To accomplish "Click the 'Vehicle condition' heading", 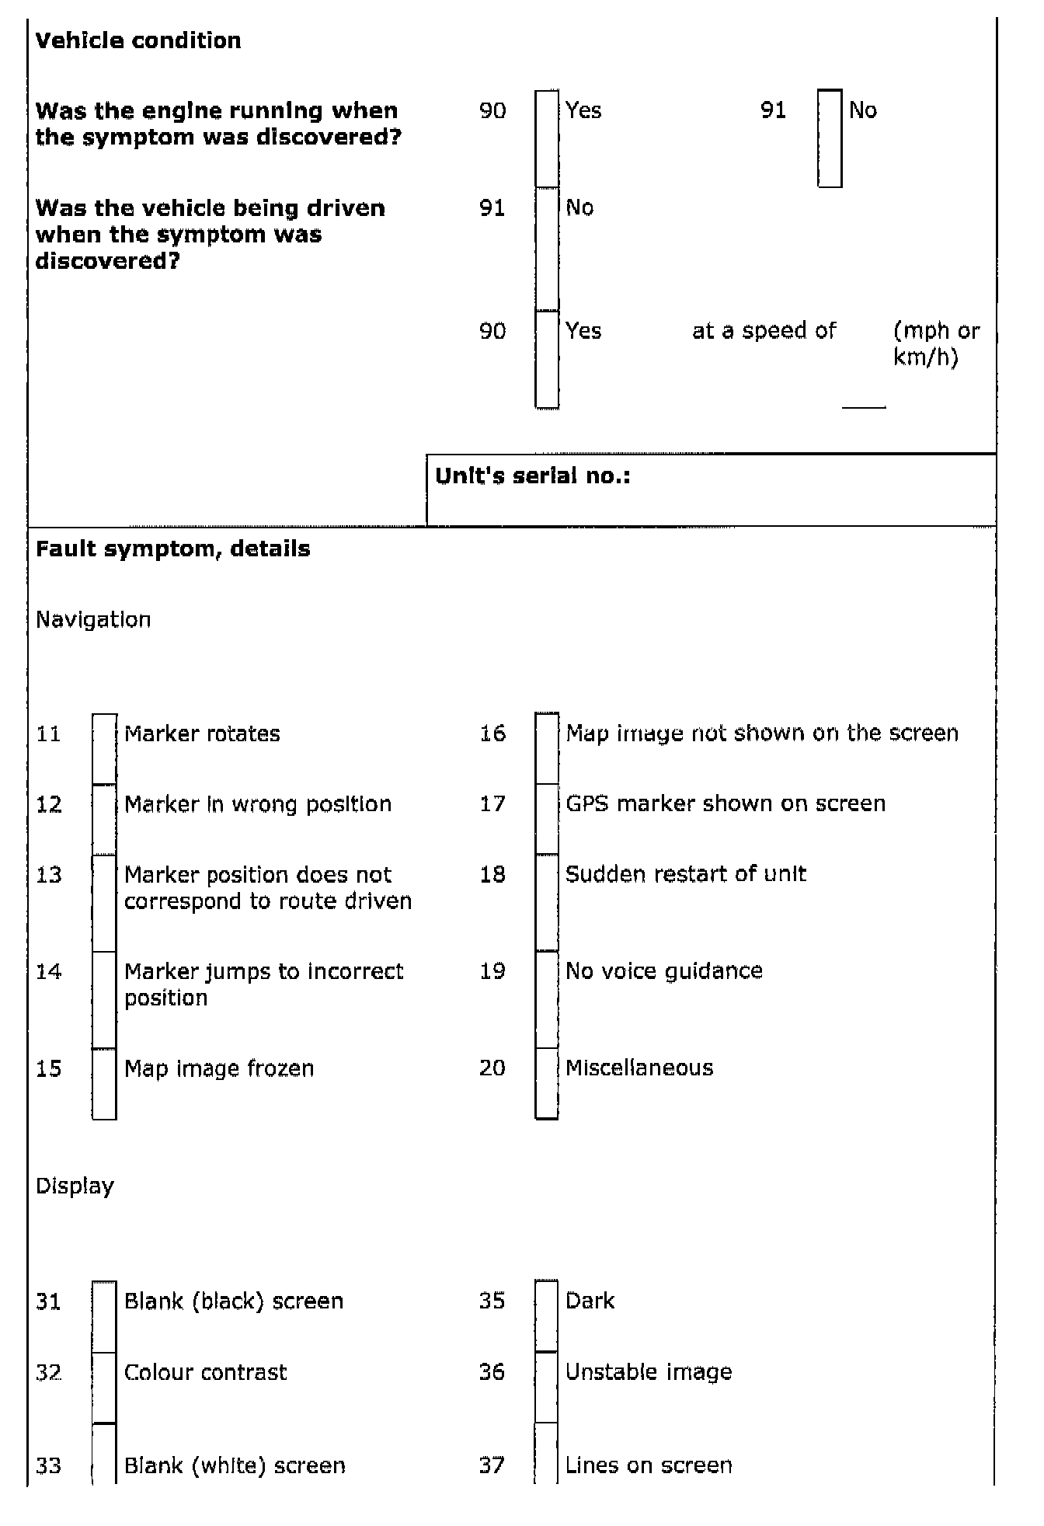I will [138, 40].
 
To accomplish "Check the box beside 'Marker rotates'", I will [104, 748].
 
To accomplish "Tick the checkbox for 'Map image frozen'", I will [104, 1083].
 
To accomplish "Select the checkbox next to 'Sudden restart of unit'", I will [547, 902].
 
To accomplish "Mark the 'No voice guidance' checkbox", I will [547, 999].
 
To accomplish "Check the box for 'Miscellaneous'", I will [547, 1083].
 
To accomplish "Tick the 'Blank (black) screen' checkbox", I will [104, 1316].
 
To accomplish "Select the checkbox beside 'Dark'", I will [547, 1315].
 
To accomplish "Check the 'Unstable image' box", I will [547, 1387].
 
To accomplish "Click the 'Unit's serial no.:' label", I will [533, 476].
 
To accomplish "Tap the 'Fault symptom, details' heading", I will [172, 549].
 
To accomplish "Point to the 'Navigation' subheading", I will [93, 619].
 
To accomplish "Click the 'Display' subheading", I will [75, 1186].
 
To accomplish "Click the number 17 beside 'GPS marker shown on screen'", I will [492, 803].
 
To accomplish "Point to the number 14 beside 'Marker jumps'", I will [49, 971].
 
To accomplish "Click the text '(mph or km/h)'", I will [936, 343].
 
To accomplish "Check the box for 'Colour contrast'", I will [104, 1388].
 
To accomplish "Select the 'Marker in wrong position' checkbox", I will [104, 820].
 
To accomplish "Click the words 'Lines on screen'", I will [649, 1465].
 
